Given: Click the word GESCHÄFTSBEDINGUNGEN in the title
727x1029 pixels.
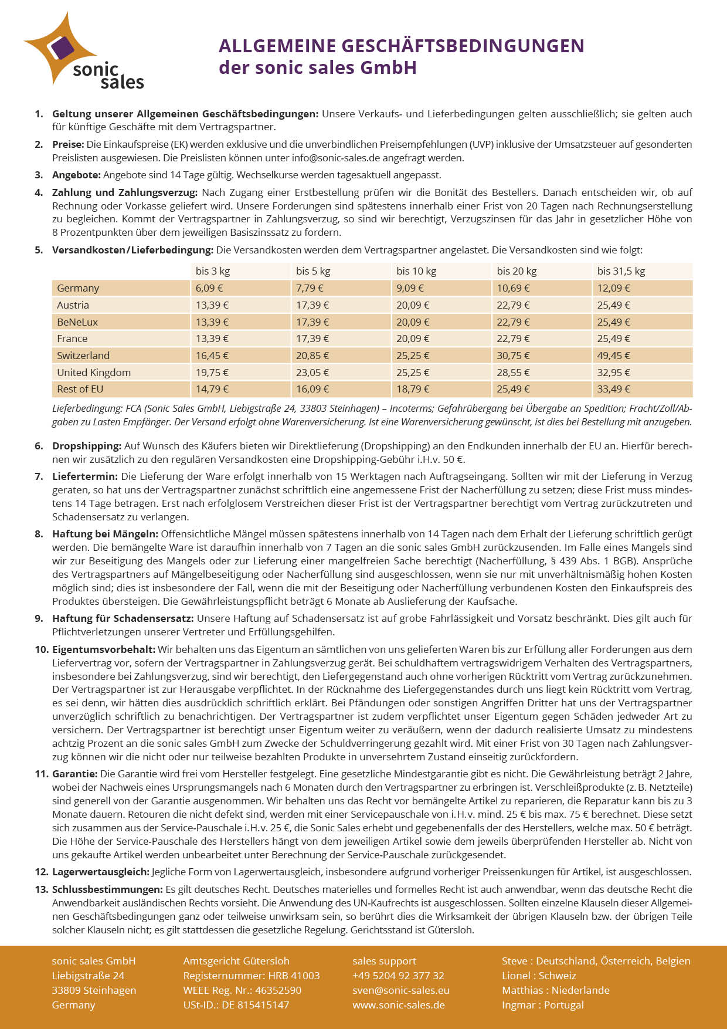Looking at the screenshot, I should pos(463,46).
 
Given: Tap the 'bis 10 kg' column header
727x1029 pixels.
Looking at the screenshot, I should pos(416,271).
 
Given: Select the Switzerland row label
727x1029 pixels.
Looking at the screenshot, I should pos(83,356).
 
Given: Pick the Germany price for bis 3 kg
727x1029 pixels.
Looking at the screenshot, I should pos(209,288).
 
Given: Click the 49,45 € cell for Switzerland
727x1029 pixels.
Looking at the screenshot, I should pos(614,356).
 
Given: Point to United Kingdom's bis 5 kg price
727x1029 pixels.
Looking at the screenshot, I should pos(312,373).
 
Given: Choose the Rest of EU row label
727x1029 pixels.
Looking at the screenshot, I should pos(80,389).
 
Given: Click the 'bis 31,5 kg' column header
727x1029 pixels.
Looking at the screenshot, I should pos(621,271).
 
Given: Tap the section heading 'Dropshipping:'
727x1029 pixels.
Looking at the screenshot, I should pos(87,446).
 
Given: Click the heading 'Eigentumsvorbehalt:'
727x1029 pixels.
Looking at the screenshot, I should pos(104,649).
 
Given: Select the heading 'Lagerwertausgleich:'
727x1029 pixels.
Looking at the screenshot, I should pos(101,872).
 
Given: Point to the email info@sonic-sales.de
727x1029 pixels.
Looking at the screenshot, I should pos(341,158).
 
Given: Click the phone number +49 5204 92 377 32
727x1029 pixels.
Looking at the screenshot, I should pos(398,976).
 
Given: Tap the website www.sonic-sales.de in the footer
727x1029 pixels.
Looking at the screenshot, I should pos(398,1005).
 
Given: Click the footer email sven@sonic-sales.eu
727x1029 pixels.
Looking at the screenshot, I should pos(400,990).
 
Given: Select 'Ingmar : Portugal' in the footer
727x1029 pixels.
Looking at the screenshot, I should pos(542,1005).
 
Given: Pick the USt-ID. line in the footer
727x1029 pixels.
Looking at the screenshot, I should pos(236,1005).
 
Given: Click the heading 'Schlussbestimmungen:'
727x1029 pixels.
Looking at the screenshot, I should pos(107,889).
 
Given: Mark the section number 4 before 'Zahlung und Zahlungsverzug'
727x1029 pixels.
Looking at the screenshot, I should pos(39,192).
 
